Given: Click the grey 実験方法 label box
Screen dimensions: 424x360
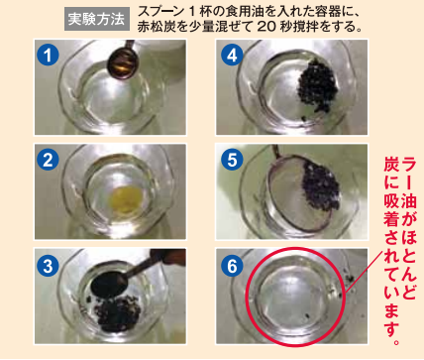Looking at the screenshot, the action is pyautogui.click(x=97, y=20).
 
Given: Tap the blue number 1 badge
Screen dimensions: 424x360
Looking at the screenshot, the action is pyautogui.click(x=48, y=55).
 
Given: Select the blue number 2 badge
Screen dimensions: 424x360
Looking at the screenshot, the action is pyautogui.click(x=48, y=161).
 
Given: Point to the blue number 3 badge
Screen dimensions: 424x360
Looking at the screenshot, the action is pyautogui.click(x=48, y=266).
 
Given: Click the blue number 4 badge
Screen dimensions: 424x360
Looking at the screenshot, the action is pyautogui.click(x=232, y=55).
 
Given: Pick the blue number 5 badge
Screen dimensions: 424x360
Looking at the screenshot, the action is pyautogui.click(x=232, y=160).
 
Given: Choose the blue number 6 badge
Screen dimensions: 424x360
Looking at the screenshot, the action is pyautogui.click(x=232, y=266).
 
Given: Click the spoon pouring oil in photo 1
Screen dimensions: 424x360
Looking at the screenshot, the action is pyautogui.click(x=122, y=62).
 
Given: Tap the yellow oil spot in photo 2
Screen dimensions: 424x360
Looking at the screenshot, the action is pyautogui.click(x=127, y=199).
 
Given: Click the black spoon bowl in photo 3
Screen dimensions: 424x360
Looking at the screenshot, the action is pyautogui.click(x=109, y=284).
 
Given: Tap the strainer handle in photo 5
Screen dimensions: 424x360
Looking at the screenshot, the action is pyautogui.click(x=275, y=151).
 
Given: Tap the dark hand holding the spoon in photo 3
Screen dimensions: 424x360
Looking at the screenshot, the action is pyautogui.click(x=168, y=257).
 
